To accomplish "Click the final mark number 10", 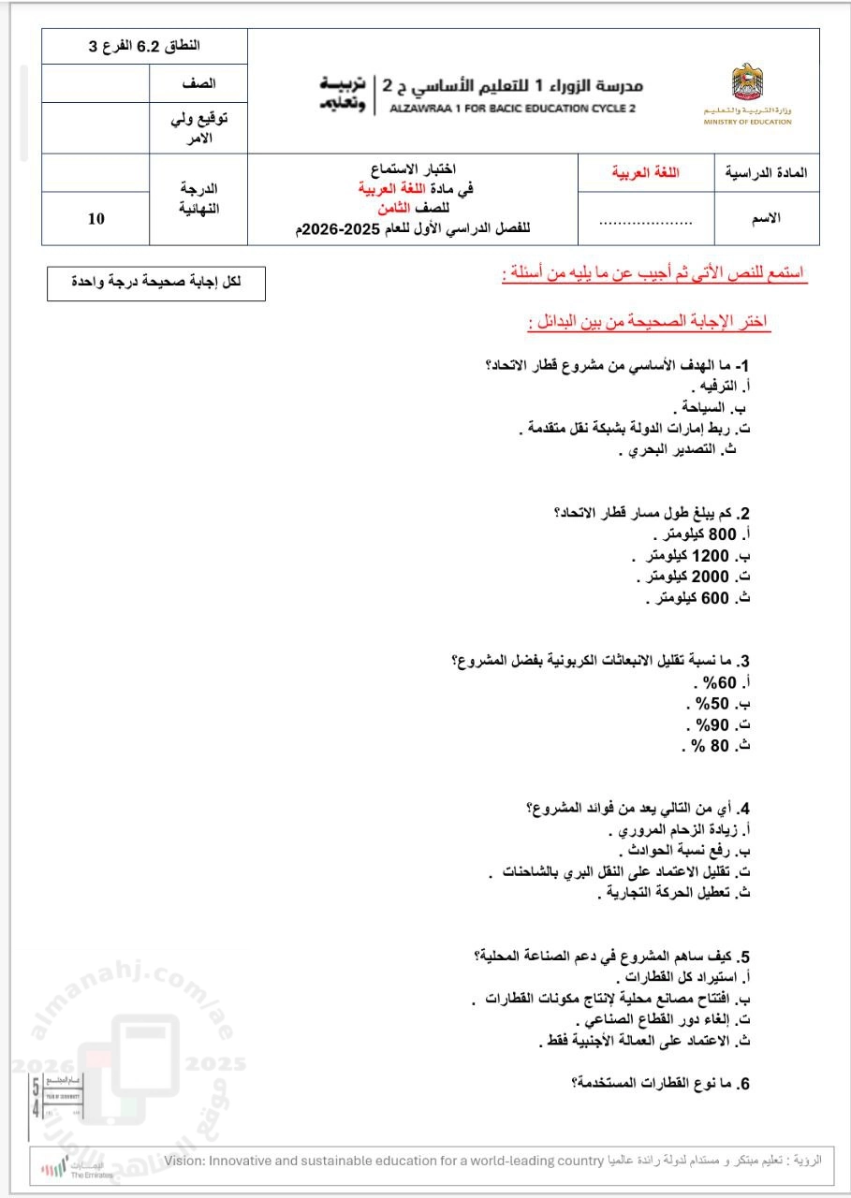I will click(x=96, y=219).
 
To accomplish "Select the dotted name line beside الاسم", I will click(x=645, y=223).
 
